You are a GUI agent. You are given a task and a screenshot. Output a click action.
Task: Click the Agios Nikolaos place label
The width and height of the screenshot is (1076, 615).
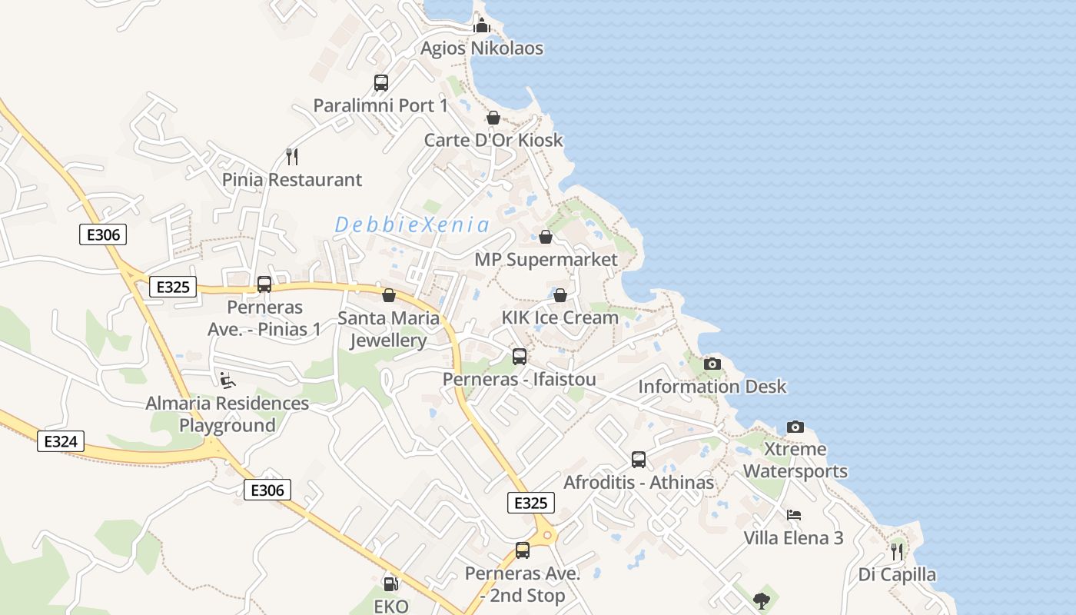(x=482, y=48)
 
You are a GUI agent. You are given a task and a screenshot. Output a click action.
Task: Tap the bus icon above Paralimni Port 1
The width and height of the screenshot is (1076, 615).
(x=381, y=83)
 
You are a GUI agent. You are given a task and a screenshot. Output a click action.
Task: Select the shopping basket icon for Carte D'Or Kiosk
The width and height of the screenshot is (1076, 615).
(x=493, y=118)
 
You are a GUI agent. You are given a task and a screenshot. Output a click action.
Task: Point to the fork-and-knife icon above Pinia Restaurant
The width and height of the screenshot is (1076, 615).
(x=291, y=157)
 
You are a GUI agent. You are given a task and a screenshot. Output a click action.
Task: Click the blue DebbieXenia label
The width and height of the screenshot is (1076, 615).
(x=412, y=225)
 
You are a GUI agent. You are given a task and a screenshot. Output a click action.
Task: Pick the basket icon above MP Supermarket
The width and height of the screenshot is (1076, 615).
(x=546, y=237)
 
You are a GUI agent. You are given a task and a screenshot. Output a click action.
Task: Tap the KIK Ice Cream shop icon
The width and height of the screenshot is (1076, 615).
(x=560, y=295)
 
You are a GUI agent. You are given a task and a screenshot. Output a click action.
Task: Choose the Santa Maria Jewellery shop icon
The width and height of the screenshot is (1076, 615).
(x=389, y=295)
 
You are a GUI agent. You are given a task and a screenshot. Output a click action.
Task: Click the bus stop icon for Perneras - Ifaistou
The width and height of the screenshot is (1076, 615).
(x=520, y=357)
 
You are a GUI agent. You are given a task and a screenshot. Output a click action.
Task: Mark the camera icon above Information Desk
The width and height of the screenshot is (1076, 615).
(x=712, y=364)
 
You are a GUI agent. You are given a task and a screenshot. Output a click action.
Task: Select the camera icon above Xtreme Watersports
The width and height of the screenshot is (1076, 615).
(x=795, y=427)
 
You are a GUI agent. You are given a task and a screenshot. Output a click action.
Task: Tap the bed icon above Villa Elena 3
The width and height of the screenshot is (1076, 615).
(x=794, y=515)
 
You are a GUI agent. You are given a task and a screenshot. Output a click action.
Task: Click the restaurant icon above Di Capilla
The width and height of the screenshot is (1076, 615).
(x=896, y=551)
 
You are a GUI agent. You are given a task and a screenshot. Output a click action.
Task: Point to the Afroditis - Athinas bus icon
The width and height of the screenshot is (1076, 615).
(x=639, y=460)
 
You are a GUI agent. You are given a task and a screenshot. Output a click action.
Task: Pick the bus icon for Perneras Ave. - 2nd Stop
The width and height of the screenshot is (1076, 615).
(x=523, y=550)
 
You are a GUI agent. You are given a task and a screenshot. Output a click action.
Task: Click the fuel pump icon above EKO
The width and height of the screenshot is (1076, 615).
(x=390, y=584)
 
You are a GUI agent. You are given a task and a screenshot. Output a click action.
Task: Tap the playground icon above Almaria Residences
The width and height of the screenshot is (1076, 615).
(x=227, y=380)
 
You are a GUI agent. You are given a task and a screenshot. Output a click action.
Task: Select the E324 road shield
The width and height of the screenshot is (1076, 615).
(x=61, y=441)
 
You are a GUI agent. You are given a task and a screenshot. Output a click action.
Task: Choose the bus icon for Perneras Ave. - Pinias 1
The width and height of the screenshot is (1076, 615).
(x=264, y=284)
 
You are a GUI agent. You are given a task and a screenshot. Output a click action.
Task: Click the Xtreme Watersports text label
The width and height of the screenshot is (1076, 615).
(x=795, y=460)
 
